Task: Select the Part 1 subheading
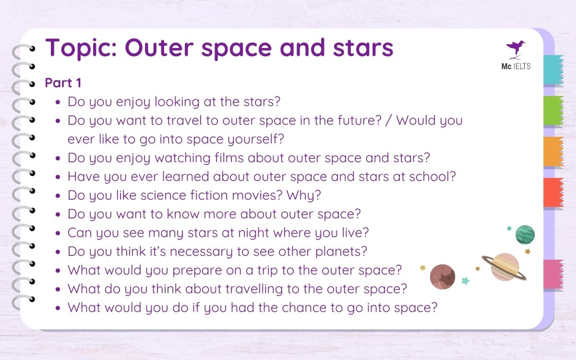(63, 83)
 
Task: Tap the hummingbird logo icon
(516, 48)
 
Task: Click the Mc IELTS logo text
(516, 67)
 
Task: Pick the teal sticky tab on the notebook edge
(553, 70)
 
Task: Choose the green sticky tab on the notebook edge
(553, 111)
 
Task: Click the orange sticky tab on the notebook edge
(553, 152)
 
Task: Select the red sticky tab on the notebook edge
(553, 192)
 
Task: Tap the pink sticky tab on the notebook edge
(553, 274)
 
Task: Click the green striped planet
(525, 234)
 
